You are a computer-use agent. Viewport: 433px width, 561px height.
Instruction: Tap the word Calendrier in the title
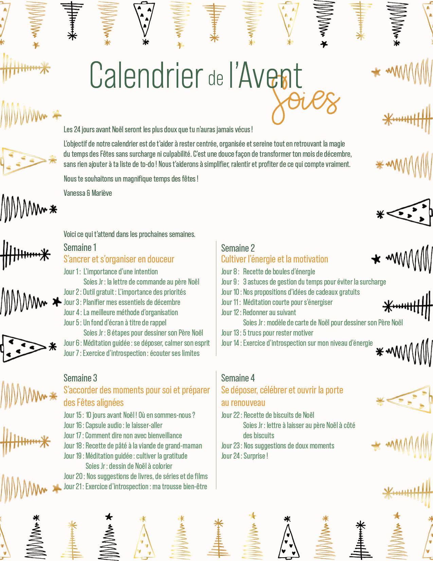pyautogui.click(x=146, y=75)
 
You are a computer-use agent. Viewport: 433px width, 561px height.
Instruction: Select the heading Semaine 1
pyautogui.click(x=80, y=248)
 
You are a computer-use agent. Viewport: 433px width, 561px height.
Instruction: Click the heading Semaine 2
pyautogui.click(x=238, y=248)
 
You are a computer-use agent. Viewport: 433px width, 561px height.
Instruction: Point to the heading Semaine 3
pyautogui.click(x=80, y=378)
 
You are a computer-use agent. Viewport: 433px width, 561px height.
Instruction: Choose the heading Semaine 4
pyautogui.click(x=238, y=378)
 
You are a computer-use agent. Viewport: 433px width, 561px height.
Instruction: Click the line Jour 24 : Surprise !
pyautogui.click(x=245, y=456)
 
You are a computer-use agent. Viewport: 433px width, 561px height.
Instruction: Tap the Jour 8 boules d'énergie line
pyautogui.click(x=268, y=272)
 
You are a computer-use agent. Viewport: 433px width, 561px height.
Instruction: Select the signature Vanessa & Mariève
pyautogui.click(x=88, y=193)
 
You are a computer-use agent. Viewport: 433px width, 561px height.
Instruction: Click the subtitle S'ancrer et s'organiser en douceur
pyautogui.click(x=119, y=259)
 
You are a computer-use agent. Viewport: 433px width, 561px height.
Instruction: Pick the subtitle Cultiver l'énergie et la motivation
pyautogui.click(x=274, y=259)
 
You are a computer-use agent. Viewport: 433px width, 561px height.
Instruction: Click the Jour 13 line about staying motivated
pyautogui.click(x=267, y=333)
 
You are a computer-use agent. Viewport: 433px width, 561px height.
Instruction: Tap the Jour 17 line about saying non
pyautogui.click(x=123, y=436)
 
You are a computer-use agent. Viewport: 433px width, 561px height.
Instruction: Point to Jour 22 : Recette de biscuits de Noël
pyautogui.click(x=268, y=415)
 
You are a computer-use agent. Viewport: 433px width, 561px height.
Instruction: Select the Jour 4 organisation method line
pyautogui.click(x=121, y=312)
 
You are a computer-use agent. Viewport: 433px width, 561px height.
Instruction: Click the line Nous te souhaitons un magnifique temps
pyautogui.click(x=131, y=179)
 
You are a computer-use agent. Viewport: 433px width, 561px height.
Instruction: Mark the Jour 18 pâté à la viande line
pyautogui.click(x=133, y=446)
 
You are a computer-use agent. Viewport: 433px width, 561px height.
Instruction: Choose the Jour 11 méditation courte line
pyautogui.click(x=277, y=302)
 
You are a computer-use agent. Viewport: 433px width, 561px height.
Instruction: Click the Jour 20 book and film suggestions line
pyautogui.click(x=136, y=476)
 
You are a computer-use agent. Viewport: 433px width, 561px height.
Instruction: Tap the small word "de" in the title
pyautogui.click(x=216, y=79)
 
